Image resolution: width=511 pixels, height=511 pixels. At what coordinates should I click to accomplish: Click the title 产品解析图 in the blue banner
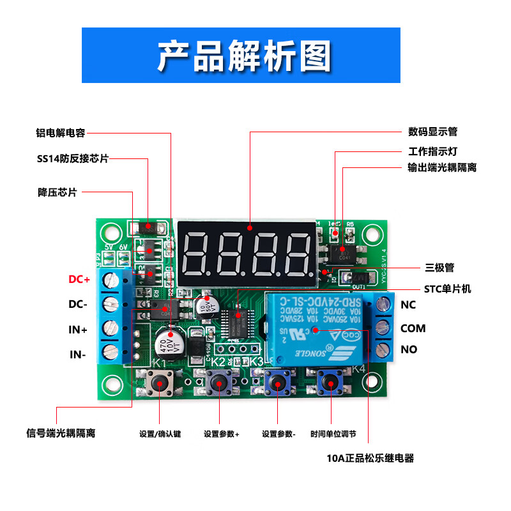pyautogui.click(x=245, y=56)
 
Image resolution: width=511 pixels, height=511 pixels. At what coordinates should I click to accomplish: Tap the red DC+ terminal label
pyautogui.click(x=79, y=279)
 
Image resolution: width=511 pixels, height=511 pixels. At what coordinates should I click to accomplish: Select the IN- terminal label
pyautogui.click(x=78, y=353)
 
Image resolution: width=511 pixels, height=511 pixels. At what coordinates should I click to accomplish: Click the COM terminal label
pyautogui.click(x=413, y=328)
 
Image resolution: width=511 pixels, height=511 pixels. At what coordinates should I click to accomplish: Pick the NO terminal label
pyautogui.click(x=408, y=349)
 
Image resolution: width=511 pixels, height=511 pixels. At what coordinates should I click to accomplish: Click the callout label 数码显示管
pyautogui.click(x=432, y=132)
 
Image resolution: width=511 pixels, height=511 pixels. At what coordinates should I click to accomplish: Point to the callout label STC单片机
pyautogui.click(x=447, y=289)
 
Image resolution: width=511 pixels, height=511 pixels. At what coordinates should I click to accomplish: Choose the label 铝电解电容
pyautogui.click(x=60, y=133)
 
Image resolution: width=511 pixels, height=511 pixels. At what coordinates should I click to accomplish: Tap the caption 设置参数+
pyautogui.click(x=222, y=434)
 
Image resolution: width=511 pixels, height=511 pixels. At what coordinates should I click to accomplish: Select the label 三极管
pyautogui.click(x=439, y=268)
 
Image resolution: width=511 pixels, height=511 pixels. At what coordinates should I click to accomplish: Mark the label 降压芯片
pyautogui.click(x=57, y=192)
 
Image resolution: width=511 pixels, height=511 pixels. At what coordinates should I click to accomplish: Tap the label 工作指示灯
pyautogui.click(x=432, y=152)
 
